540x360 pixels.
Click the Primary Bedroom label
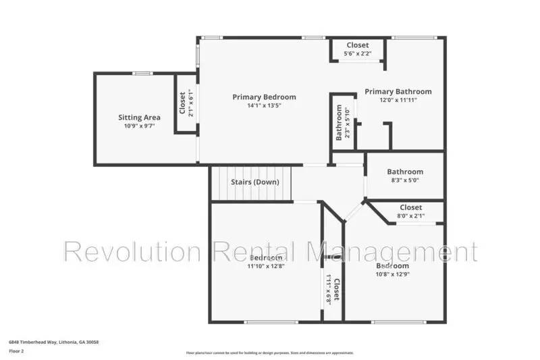(264, 97)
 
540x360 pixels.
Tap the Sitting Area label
(139, 118)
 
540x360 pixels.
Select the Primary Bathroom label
(398, 91)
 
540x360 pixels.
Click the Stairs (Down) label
(254, 182)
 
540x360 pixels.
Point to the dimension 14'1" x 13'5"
(264, 105)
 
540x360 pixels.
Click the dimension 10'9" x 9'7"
(139, 126)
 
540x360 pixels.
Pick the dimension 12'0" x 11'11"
(398, 99)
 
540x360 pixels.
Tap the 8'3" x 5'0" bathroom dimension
(405, 180)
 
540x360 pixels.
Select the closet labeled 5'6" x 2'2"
(358, 53)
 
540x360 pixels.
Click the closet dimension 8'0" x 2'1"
(410, 216)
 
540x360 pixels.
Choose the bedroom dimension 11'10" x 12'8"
(266, 266)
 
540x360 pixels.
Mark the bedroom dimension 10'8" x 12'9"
(392, 274)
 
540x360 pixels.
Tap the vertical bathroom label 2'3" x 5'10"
(344, 122)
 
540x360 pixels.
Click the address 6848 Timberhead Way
(54, 342)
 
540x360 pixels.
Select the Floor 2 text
(16, 351)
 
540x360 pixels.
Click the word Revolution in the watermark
(132, 253)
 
